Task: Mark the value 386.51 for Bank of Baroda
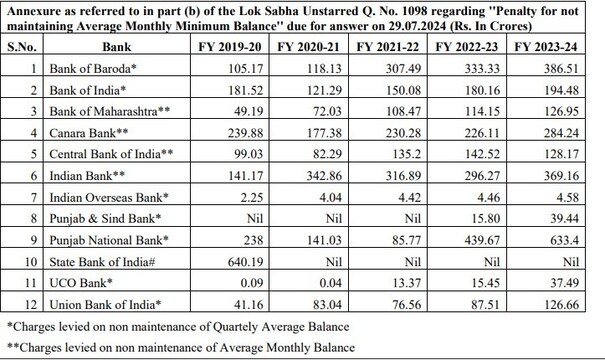[572, 67]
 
